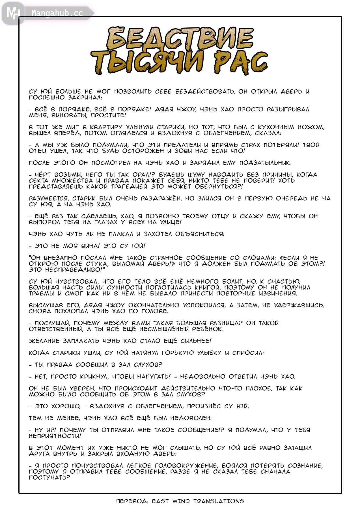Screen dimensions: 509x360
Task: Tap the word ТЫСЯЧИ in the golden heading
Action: pyautogui.click(x=147, y=62)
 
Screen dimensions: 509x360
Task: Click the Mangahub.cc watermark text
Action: pyautogui.click(x=57, y=13)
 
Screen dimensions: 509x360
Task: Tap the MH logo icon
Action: pyautogui.click(x=13, y=13)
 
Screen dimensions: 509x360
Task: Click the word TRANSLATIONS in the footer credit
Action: pyautogui.click(x=219, y=501)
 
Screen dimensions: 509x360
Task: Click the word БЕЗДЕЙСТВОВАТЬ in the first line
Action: pyautogui.click(x=205, y=92)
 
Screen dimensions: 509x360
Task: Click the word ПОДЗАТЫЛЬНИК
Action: pyautogui.click(x=265, y=163)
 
